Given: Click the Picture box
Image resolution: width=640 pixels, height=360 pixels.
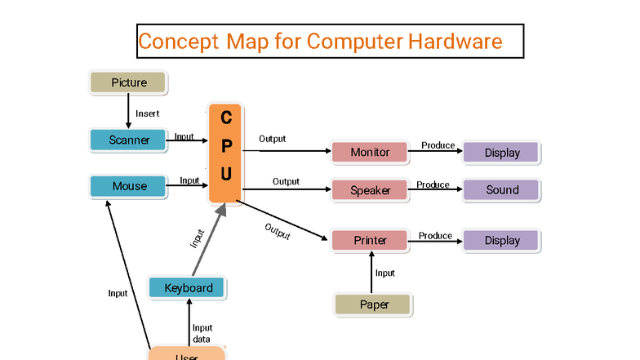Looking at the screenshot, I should pos(128,82).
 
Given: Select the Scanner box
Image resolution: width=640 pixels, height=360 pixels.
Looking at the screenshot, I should pos(129,140).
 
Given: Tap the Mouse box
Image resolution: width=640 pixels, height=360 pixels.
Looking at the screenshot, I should pos(129,186).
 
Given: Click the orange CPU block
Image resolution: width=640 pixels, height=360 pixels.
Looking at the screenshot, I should pos(225,153).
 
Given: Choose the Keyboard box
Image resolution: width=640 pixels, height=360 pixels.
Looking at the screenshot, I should pos(188,287).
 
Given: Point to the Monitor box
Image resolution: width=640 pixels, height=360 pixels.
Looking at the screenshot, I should pos(369,152).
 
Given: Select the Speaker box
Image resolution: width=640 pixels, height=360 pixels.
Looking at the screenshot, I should pos(369,190).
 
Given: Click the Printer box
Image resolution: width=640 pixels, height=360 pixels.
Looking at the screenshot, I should pos(369,241).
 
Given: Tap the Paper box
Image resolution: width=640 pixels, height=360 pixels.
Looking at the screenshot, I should pos(374,304).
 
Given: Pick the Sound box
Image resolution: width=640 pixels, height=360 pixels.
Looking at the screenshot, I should pos(501,190).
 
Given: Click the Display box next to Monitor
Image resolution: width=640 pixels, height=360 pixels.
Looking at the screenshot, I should pos(501,153).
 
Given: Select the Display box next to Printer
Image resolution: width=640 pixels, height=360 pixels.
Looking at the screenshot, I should pos(501,241).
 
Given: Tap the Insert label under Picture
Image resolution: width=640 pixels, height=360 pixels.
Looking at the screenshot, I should pos(147,113).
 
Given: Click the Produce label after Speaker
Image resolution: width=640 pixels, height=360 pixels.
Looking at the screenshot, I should pos(433,184).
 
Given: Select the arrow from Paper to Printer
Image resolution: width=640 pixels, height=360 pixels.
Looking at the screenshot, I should pos(372,272).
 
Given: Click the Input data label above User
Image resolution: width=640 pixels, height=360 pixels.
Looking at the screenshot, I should pos(202,333).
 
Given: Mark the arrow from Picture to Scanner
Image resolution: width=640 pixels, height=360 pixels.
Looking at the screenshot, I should pos(128,109).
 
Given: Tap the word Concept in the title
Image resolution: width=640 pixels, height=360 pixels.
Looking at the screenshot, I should pos(179,41).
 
